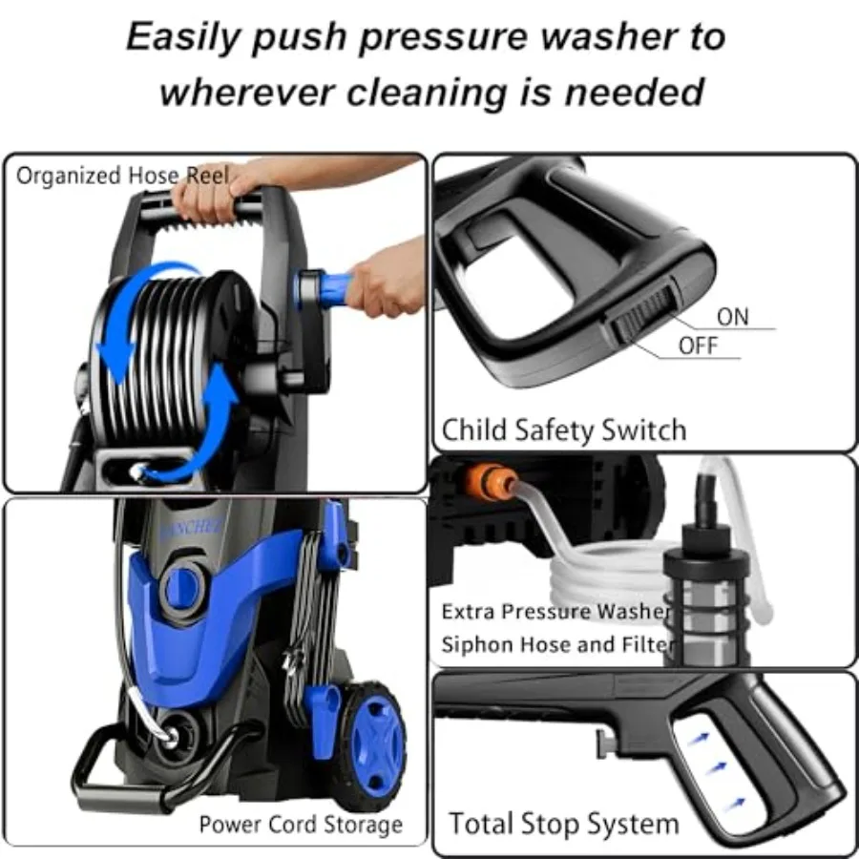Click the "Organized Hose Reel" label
point(123,176)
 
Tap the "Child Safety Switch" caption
point(563,430)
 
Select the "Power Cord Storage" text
point(301,824)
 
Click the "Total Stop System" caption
point(564,824)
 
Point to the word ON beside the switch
point(733,317)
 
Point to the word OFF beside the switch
point(698,346)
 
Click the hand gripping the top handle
point(205,196)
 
